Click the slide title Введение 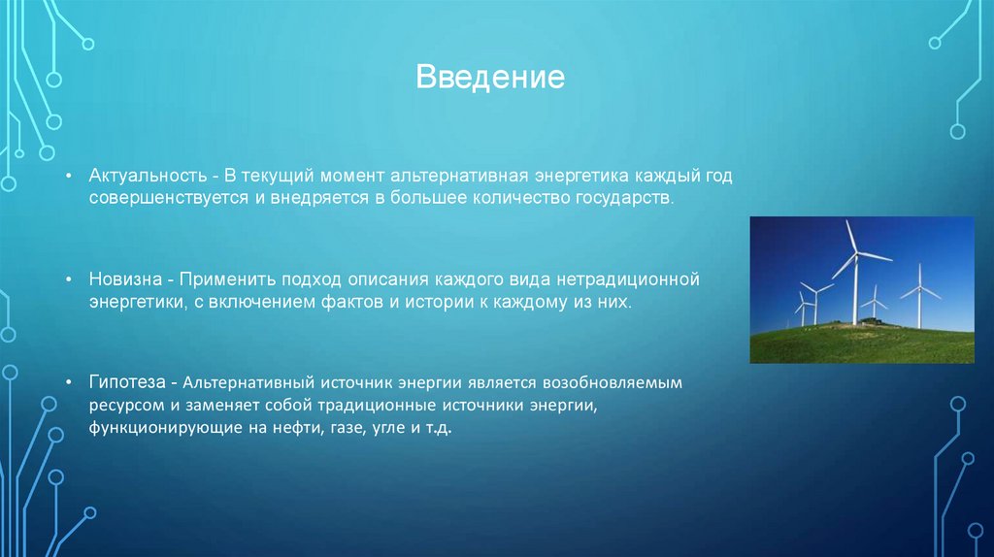pos(490,78)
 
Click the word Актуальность pos(148,176)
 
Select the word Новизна pos(124,279)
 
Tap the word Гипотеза pos(127,382)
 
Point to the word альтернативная pos(459,176)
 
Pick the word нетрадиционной pos(628,279)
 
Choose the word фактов pos(352,302)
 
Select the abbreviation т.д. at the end pos(439,428)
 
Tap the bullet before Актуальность pos(69,176)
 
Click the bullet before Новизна pos(69,279)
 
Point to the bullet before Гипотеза pos(69,382)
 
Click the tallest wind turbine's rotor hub pos(856,253)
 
